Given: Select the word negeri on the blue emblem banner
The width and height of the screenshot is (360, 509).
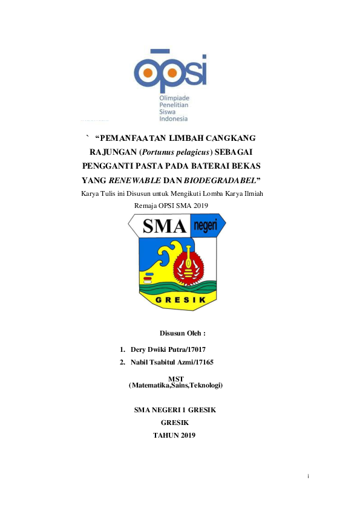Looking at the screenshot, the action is click(x=207, y=227).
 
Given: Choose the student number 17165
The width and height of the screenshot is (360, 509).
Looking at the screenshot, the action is click(x=204, y=361).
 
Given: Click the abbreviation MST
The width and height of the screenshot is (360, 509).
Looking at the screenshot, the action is click(x=175, y=378).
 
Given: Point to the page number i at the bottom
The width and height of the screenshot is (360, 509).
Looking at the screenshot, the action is click(x=309, y=477).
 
